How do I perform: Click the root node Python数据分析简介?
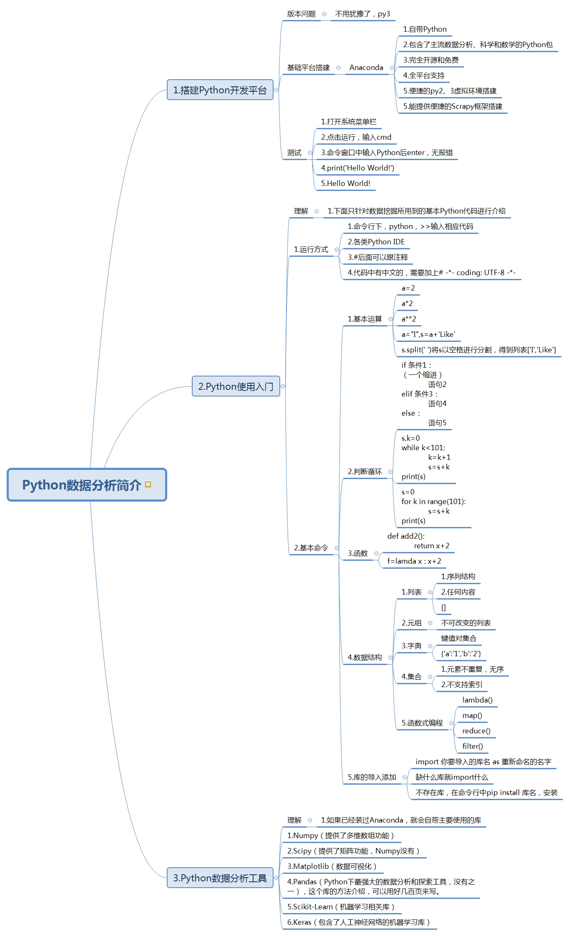pyautogui.click(x=87, y=485)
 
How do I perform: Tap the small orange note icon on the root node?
pyautogui.click(x=148, y=484)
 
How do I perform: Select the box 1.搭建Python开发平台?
pyautogui.click(x=220, y=90)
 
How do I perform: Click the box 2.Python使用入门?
pyautogui.click(x=236, y=386)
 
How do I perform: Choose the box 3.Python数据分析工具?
pyautogui.click(x=220, y=878)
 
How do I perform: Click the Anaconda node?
pyautogui.click(x=366, y=68)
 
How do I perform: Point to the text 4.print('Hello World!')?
pyautogui.click(x=357, y=168)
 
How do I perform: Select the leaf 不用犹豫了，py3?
pyautogui.click(x=362, y=14)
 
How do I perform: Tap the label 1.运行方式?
pyautogui.click(x=311, y=249)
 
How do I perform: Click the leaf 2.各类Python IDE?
pyautogui.click(x=376, y=242)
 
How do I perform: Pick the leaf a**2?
pyautogui.click(x=409, y=319)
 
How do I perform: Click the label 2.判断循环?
pyautogui.click(x=365, y=472)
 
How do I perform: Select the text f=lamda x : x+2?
pyautogui.click(x=414, y=561)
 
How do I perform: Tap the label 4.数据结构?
pyautogui.click(x=365, y=657)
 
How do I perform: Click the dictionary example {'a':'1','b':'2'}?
pyautogui.click(x=461, y=654)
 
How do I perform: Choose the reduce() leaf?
pyautogui.click(x=476, y=731)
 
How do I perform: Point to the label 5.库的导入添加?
pyautogui.click(x=372, y=777)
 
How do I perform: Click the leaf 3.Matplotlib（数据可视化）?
pyautogui.click(x=332, y=866)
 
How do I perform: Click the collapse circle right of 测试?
pyautogui.click(x=310, y=153)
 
